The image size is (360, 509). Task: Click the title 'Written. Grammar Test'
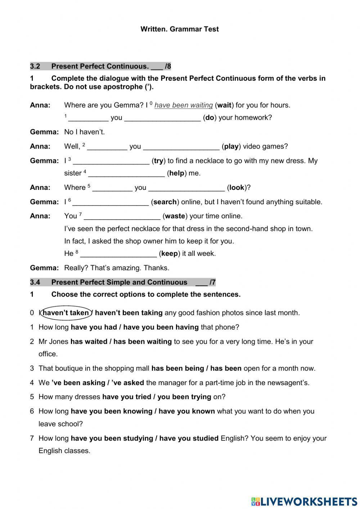pyautogui.click(x=179, y=29)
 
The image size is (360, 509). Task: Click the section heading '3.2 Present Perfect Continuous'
pyautogui.click(x=100, y=66)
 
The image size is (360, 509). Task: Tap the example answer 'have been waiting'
pyautogui.click(x=184, y=105)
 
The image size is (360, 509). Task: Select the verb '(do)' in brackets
pyautogui.click(x=210, y=117)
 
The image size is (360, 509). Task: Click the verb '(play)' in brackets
pyautogui.click(x=231, y=146)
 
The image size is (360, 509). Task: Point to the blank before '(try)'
pyautogui.click(x=111, y=161)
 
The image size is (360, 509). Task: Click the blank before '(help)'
pyautogui.click(x=126, y=174)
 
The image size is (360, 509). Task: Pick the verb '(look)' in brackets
pyautogui.click(x=237, y=187)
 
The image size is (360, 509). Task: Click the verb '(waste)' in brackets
pyautogui.click(x=175, y=216)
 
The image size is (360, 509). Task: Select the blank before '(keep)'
pyautogui.click(x=118, y=254)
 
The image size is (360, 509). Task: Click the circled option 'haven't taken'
pyautogui.click(x=66, y=313)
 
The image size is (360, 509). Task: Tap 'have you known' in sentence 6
pyautogui.click(x=186, y=411)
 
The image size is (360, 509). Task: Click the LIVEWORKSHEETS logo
pyautogui.click(x=304, y=501)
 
